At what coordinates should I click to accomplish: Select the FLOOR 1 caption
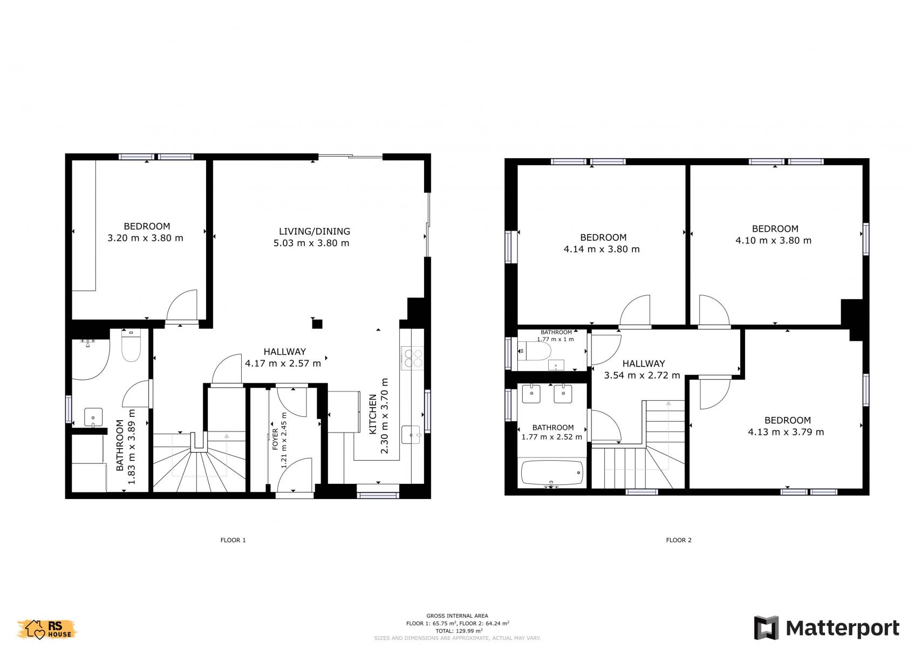coord(233,540)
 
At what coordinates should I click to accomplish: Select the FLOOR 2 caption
coord(679,540)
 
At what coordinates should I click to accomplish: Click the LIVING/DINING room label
coord(315,232)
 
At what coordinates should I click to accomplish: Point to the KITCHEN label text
coord(373,414)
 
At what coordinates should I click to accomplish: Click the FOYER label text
coord(275,440)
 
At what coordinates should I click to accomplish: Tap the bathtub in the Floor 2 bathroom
coord(552,473)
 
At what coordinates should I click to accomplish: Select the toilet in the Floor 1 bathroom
coord(131,346)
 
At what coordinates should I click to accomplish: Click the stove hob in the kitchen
coord(413,358)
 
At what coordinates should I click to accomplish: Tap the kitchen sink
coord(411,435)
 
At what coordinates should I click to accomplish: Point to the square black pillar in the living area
coord(317,324)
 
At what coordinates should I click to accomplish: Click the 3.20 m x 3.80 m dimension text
coord(146,238)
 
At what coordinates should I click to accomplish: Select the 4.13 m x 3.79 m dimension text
coord(786,431)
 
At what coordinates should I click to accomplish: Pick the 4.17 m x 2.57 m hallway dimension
coord(283,363)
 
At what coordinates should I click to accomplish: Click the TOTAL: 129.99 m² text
coord(459,631)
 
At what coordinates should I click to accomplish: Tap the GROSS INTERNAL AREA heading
coord(457,616)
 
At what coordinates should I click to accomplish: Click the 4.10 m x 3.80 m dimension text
coord(773,240)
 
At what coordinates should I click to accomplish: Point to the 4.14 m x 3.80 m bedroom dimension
coord(602,249)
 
